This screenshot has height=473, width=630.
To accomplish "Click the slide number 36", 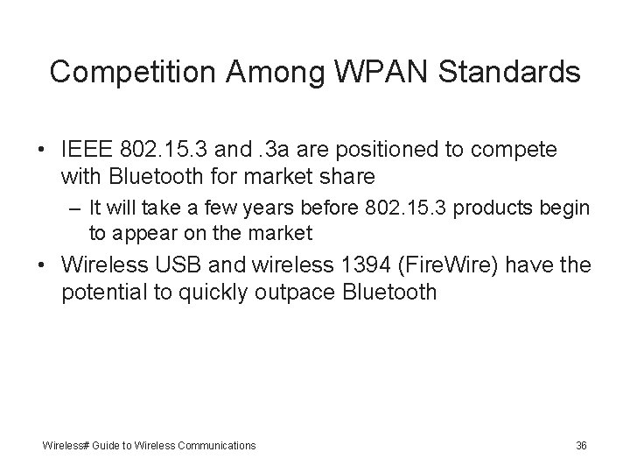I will (x=581, y=446).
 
